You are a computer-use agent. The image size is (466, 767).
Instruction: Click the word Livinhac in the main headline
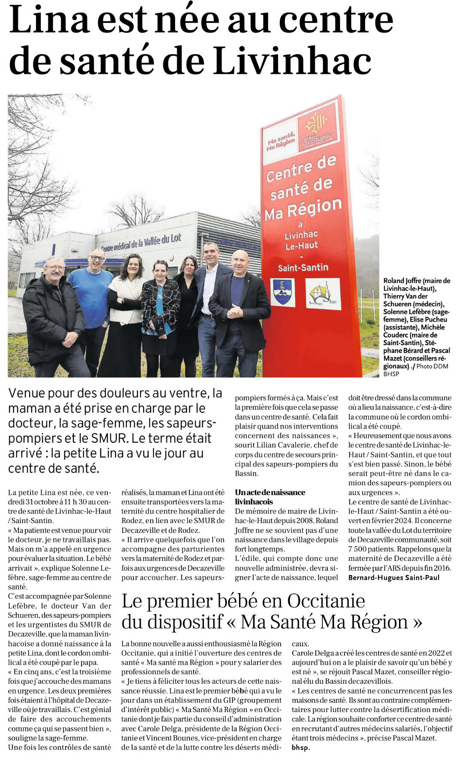tap(292, 61)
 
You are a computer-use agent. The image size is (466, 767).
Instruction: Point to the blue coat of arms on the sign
tap(282, 292)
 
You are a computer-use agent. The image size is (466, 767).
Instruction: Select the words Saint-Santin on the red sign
tap(303, 268)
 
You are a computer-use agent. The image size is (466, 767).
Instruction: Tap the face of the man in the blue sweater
tap(97, 259)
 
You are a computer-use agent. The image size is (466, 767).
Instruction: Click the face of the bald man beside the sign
tap(240, 262)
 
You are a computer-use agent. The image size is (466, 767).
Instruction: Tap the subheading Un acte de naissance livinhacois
tap(270, 497)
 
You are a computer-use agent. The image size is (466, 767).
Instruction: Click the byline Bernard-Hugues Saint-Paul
tap(394, 578)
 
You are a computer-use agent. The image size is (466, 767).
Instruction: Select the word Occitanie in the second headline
tap(326, 601)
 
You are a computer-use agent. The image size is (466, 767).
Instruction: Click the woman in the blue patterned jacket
tap(160, 313)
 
